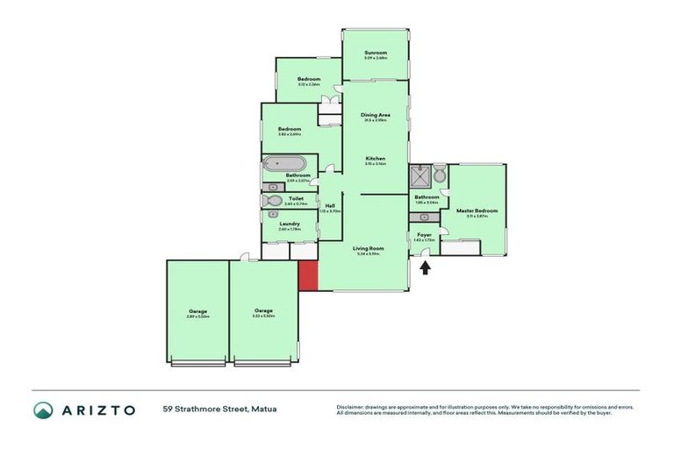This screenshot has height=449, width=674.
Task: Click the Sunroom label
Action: click(x=375, y=53)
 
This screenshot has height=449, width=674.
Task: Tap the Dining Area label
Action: click(x=375, y=115)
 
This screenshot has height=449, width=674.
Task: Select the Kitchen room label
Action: click(x=375, y=158)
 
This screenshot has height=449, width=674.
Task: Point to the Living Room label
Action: click(x=363, y=249)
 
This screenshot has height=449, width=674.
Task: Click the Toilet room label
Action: click(x=296, y=199)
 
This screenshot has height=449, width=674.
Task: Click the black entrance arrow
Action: click(x=425, y=267)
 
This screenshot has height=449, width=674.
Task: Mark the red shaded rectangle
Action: click(x=307, y=275)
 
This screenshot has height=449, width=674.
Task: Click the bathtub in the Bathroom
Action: click(x=283, y=163)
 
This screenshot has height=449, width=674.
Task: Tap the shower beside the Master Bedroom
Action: click(x=420, y=175)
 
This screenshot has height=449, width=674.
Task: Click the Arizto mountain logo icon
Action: click(x=43, y=410)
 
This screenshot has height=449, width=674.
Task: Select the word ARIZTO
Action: click(x=97, y=410)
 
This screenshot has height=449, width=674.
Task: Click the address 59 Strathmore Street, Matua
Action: click(x=219, y=410)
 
